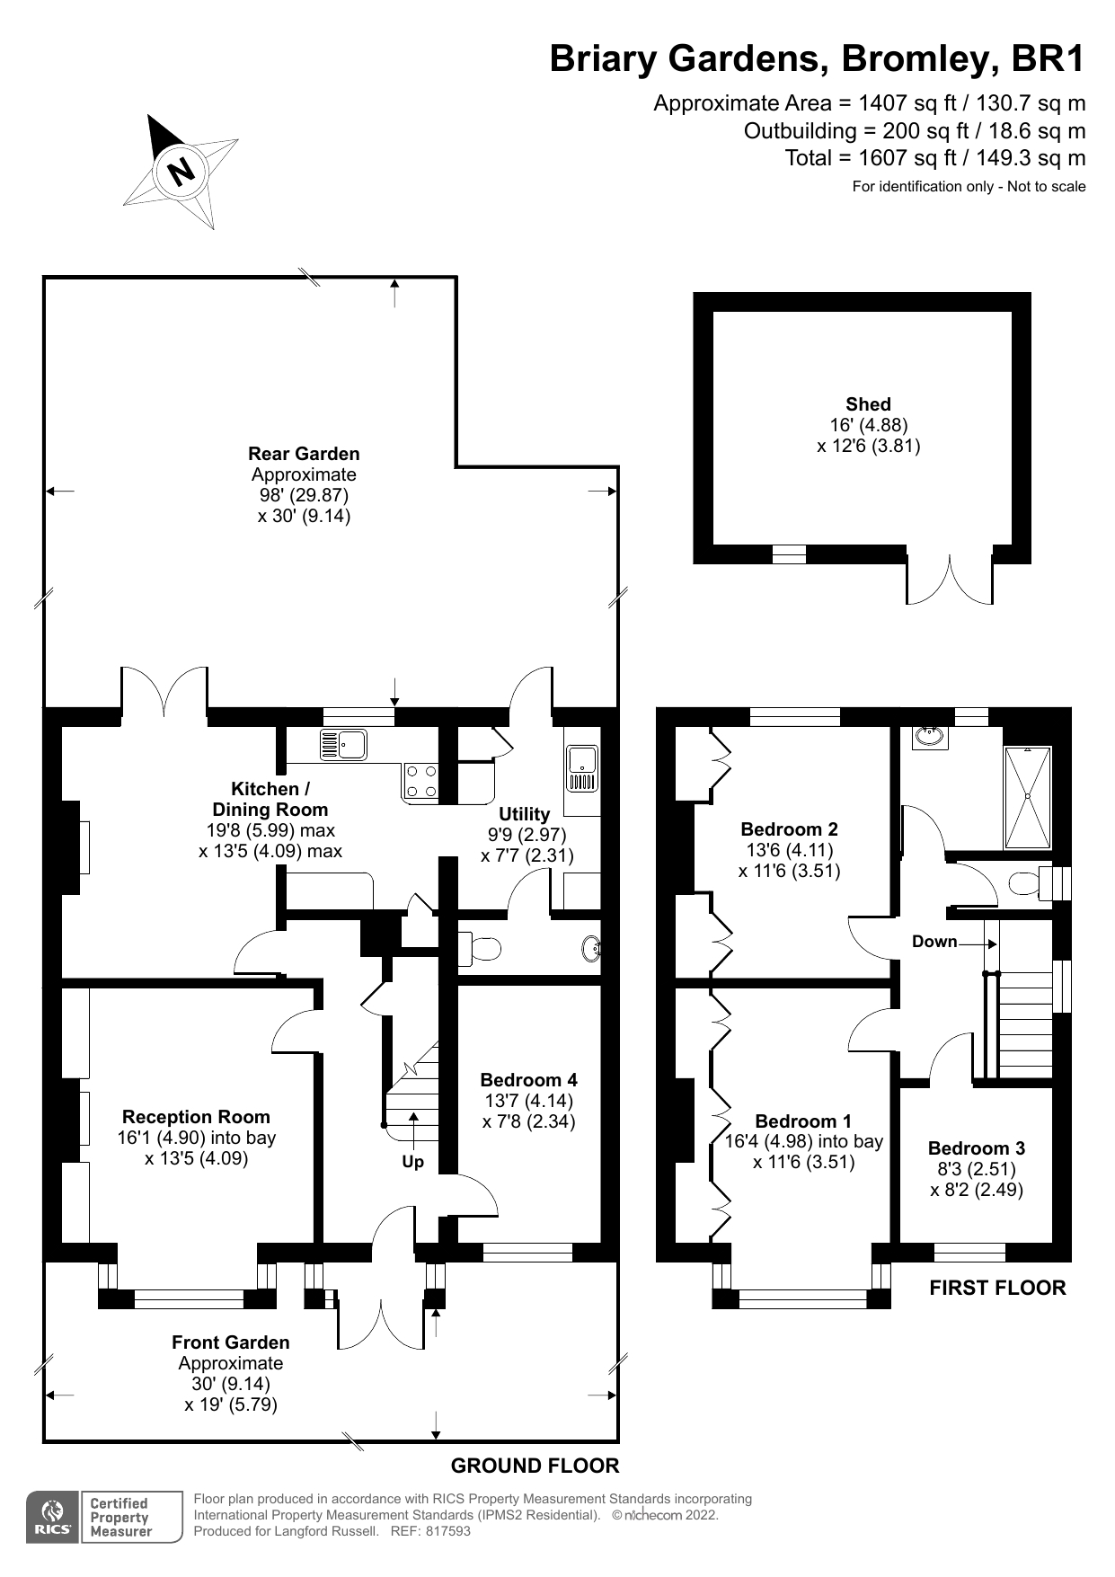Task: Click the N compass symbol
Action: (181, 170)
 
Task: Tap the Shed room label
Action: (867, 404)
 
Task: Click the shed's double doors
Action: (950, 580)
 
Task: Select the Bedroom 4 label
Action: (528, 1080)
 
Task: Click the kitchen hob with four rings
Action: (421, 781)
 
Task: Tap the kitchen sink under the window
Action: (343, 745)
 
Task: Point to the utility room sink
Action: (582, 768)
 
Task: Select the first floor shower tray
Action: (1027, 796)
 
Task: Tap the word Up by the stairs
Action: (412, 1162)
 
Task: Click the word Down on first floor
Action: (934, 942)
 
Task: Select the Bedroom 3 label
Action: (976, 1148)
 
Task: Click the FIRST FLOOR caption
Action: (997, 1288)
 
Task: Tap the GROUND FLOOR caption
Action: (535, 1466)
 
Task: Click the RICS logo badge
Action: (52, 1518)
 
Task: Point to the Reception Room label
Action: (196, 1117)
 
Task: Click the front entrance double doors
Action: (382, 1321)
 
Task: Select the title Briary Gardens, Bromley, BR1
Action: (817, 59)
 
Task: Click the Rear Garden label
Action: (304, 454)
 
